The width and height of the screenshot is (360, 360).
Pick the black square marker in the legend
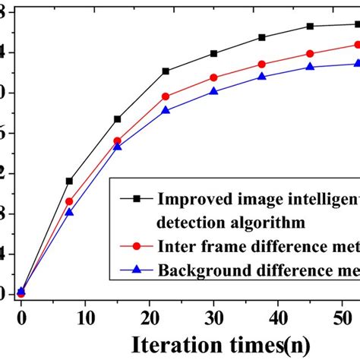tap(137, 199)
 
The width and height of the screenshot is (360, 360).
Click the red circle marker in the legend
tap(137, 245)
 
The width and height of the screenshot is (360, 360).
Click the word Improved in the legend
tap(191, 200)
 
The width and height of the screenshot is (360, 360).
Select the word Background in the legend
tap(201, 269)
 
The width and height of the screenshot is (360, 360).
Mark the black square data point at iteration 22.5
tap(166, 71)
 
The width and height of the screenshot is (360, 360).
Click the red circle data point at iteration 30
tap(213, 77)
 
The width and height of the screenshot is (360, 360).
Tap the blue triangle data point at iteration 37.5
tap(262, 77)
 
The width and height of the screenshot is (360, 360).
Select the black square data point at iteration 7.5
tap(69, 181)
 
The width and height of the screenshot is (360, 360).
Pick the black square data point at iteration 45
tap(310, 26)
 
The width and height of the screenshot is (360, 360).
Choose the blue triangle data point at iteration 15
tap(117, 146)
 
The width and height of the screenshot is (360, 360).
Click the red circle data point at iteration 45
tap(310, 53)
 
